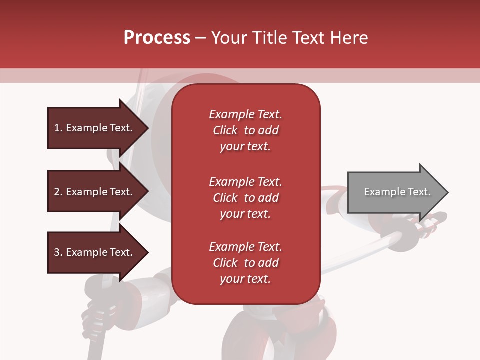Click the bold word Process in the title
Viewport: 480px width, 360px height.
157,38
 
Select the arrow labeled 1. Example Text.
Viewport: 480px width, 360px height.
95,128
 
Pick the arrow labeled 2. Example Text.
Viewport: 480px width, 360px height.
95,192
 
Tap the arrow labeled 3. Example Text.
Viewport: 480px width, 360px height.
95,252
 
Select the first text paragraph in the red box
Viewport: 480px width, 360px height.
246,130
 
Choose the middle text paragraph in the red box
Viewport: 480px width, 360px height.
246,198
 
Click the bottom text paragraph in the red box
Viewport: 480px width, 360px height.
246,263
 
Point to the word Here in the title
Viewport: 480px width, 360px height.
351,38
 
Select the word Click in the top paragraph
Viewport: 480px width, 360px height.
225,130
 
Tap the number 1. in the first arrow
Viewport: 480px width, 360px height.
58,128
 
